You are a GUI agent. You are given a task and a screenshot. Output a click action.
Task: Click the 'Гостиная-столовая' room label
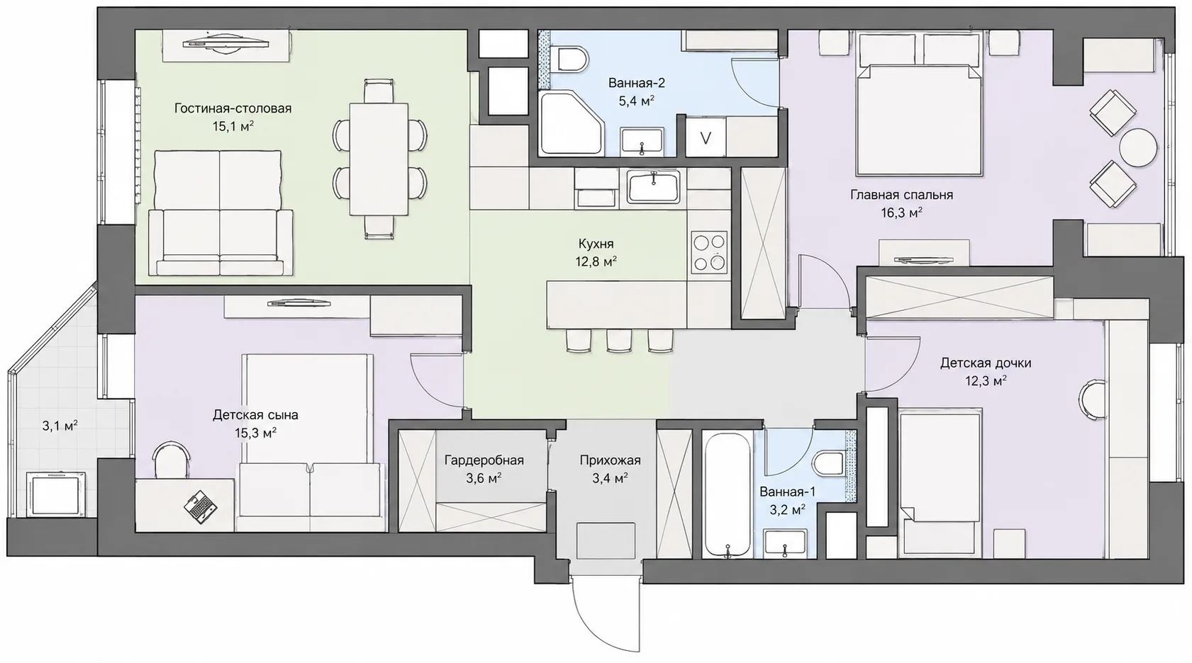tap(233, 108)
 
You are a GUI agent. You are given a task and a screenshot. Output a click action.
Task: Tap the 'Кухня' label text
tap(596, 244)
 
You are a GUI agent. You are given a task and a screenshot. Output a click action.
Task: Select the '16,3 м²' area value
tap(901, 212)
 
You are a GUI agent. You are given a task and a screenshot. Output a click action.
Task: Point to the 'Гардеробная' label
tap(484, 460)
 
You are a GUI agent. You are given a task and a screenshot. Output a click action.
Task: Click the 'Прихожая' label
tap(611, 460)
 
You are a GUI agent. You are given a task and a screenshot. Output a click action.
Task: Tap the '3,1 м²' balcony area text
tap(60, 425)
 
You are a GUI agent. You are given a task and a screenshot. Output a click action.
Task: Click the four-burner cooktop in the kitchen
tap(709, 252)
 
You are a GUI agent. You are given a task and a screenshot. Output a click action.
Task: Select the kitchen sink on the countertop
tap(654, 186)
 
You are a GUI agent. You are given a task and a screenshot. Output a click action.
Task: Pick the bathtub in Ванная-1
tap(728, 494)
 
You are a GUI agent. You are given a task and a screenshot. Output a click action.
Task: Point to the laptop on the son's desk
tap(200, 506)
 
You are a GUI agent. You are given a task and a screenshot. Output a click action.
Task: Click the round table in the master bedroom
tap(1138, 148)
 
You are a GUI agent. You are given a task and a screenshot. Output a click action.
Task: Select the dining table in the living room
tap(379, 159)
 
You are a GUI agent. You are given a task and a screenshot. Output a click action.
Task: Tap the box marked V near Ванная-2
tap(705, 137)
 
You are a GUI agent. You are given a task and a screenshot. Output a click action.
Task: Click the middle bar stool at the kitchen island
tap(619, 341)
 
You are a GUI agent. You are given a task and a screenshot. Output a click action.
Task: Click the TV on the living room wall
tap(226, 42)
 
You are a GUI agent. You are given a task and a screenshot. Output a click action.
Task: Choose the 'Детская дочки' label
tap(986, 363)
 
